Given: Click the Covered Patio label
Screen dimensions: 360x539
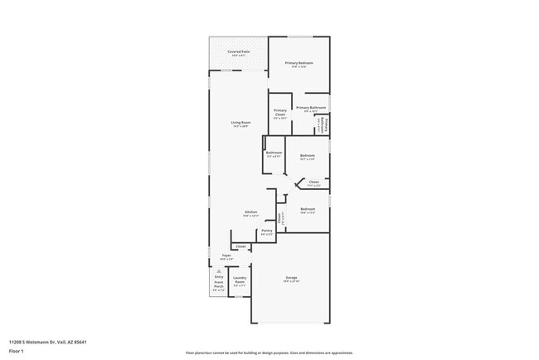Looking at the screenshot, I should (x=239, y=52).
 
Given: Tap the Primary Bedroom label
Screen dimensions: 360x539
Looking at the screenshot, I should (x=299, y=64).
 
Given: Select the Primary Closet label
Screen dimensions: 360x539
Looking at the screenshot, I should (x=280, y=112).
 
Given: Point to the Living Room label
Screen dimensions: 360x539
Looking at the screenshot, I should (x=241, y=124).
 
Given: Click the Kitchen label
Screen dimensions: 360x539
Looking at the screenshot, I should (x=250, y=212).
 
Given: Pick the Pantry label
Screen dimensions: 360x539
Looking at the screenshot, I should (x=266, y=231).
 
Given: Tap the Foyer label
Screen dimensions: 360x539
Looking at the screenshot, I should (x=226, y=255).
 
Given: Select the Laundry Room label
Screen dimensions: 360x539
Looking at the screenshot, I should (x=240, y=280).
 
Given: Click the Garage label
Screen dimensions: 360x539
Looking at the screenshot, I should (x=292, y=278).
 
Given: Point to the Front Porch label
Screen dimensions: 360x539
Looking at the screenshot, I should (x=219, y=287).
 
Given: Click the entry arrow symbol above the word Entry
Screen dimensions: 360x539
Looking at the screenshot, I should (x=219, y=270).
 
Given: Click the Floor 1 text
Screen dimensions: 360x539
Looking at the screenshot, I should (x=17, y=351).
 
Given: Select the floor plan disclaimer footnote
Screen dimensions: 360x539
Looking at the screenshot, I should (x=269, y=352).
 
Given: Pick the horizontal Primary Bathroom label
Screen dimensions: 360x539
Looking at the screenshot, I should (x=311, y=108).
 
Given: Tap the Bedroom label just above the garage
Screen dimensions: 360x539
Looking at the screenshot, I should (x=308, y=209).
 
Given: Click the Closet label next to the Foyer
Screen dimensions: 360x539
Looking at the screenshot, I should (x=240, y=246).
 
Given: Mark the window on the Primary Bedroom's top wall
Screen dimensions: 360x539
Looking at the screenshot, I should (x=299, y=36).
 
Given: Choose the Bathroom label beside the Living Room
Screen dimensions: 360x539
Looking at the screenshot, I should (x=274, y=153).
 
